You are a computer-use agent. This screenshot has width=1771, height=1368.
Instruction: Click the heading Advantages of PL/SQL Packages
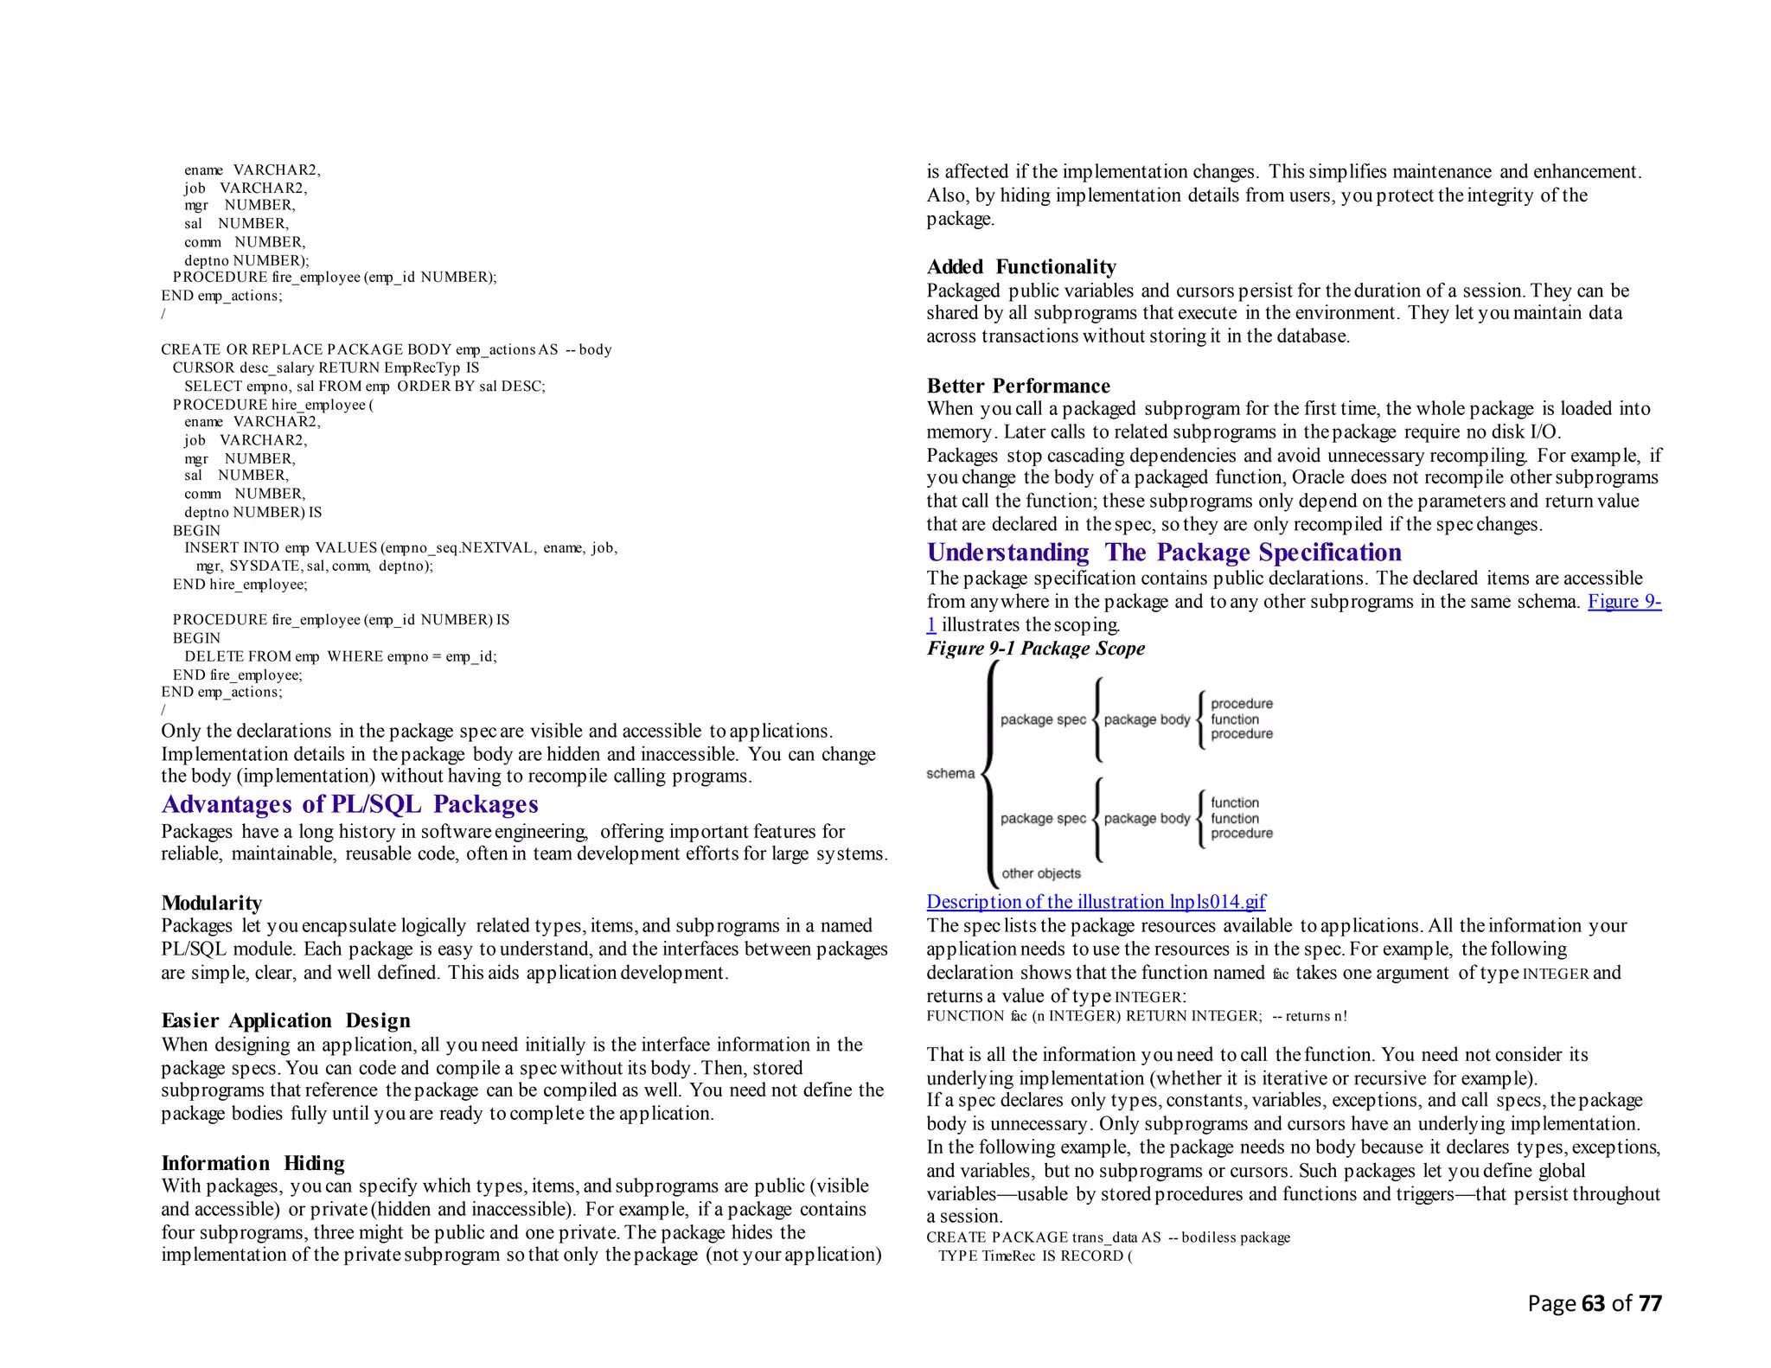[x=349, y=804]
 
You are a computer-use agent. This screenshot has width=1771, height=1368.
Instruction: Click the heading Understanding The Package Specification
[x=1163, y=553]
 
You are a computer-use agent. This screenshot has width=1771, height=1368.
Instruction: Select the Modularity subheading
[x=211, y=903]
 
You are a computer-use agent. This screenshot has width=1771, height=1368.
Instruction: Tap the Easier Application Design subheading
[x=285, y=1020]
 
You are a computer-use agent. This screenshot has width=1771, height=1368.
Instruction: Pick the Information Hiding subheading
[x=253, y=1163]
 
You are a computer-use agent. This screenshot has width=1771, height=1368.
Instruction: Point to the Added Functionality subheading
[x=1020, y=266]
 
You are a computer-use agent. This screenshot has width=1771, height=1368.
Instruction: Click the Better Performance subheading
[x=1018, y=386]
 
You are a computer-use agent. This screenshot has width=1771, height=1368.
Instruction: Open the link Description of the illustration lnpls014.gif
[x=1096, y=902]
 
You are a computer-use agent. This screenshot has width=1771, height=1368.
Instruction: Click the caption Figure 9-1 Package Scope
[x=1035, y=649]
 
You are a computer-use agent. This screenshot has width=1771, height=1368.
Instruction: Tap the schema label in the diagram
[x=949, y=773]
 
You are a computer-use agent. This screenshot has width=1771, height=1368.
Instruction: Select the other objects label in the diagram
[x=1040, y=873]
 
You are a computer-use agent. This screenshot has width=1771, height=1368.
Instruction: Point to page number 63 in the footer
[x=1593, y=1303]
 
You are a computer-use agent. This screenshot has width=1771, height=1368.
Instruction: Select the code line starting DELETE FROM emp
[x=340, y=656]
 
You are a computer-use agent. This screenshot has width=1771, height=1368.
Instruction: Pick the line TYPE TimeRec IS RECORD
[x=1034, y=1256]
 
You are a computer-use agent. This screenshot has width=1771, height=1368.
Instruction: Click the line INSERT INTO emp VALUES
[x=400, y=547]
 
